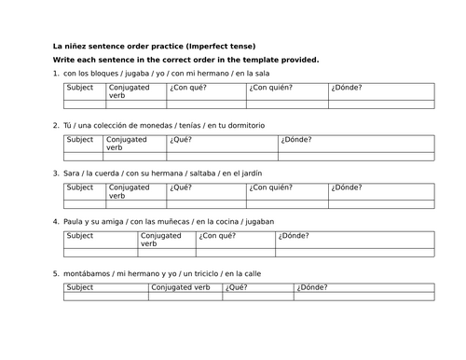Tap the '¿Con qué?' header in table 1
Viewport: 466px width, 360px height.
click(188, 89)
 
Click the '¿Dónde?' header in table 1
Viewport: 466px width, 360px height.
click(345, 89)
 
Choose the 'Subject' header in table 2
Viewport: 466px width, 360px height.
click(80, 140)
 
